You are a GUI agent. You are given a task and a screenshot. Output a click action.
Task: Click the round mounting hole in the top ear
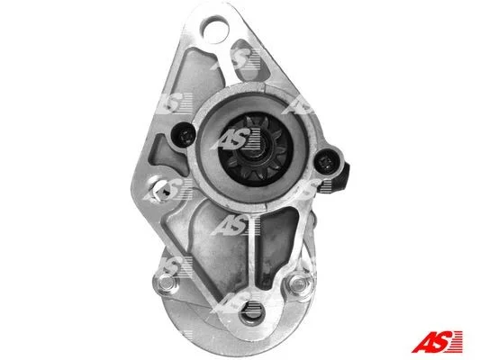tap(214, 29)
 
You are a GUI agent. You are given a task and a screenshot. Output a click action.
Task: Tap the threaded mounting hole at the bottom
tap(252, 311)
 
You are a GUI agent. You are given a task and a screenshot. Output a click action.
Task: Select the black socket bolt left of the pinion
tap(184, 136)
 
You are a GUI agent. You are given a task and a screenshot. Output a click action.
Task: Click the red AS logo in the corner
tap(437, 341)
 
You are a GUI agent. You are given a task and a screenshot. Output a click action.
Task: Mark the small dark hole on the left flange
tap(166, 192)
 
